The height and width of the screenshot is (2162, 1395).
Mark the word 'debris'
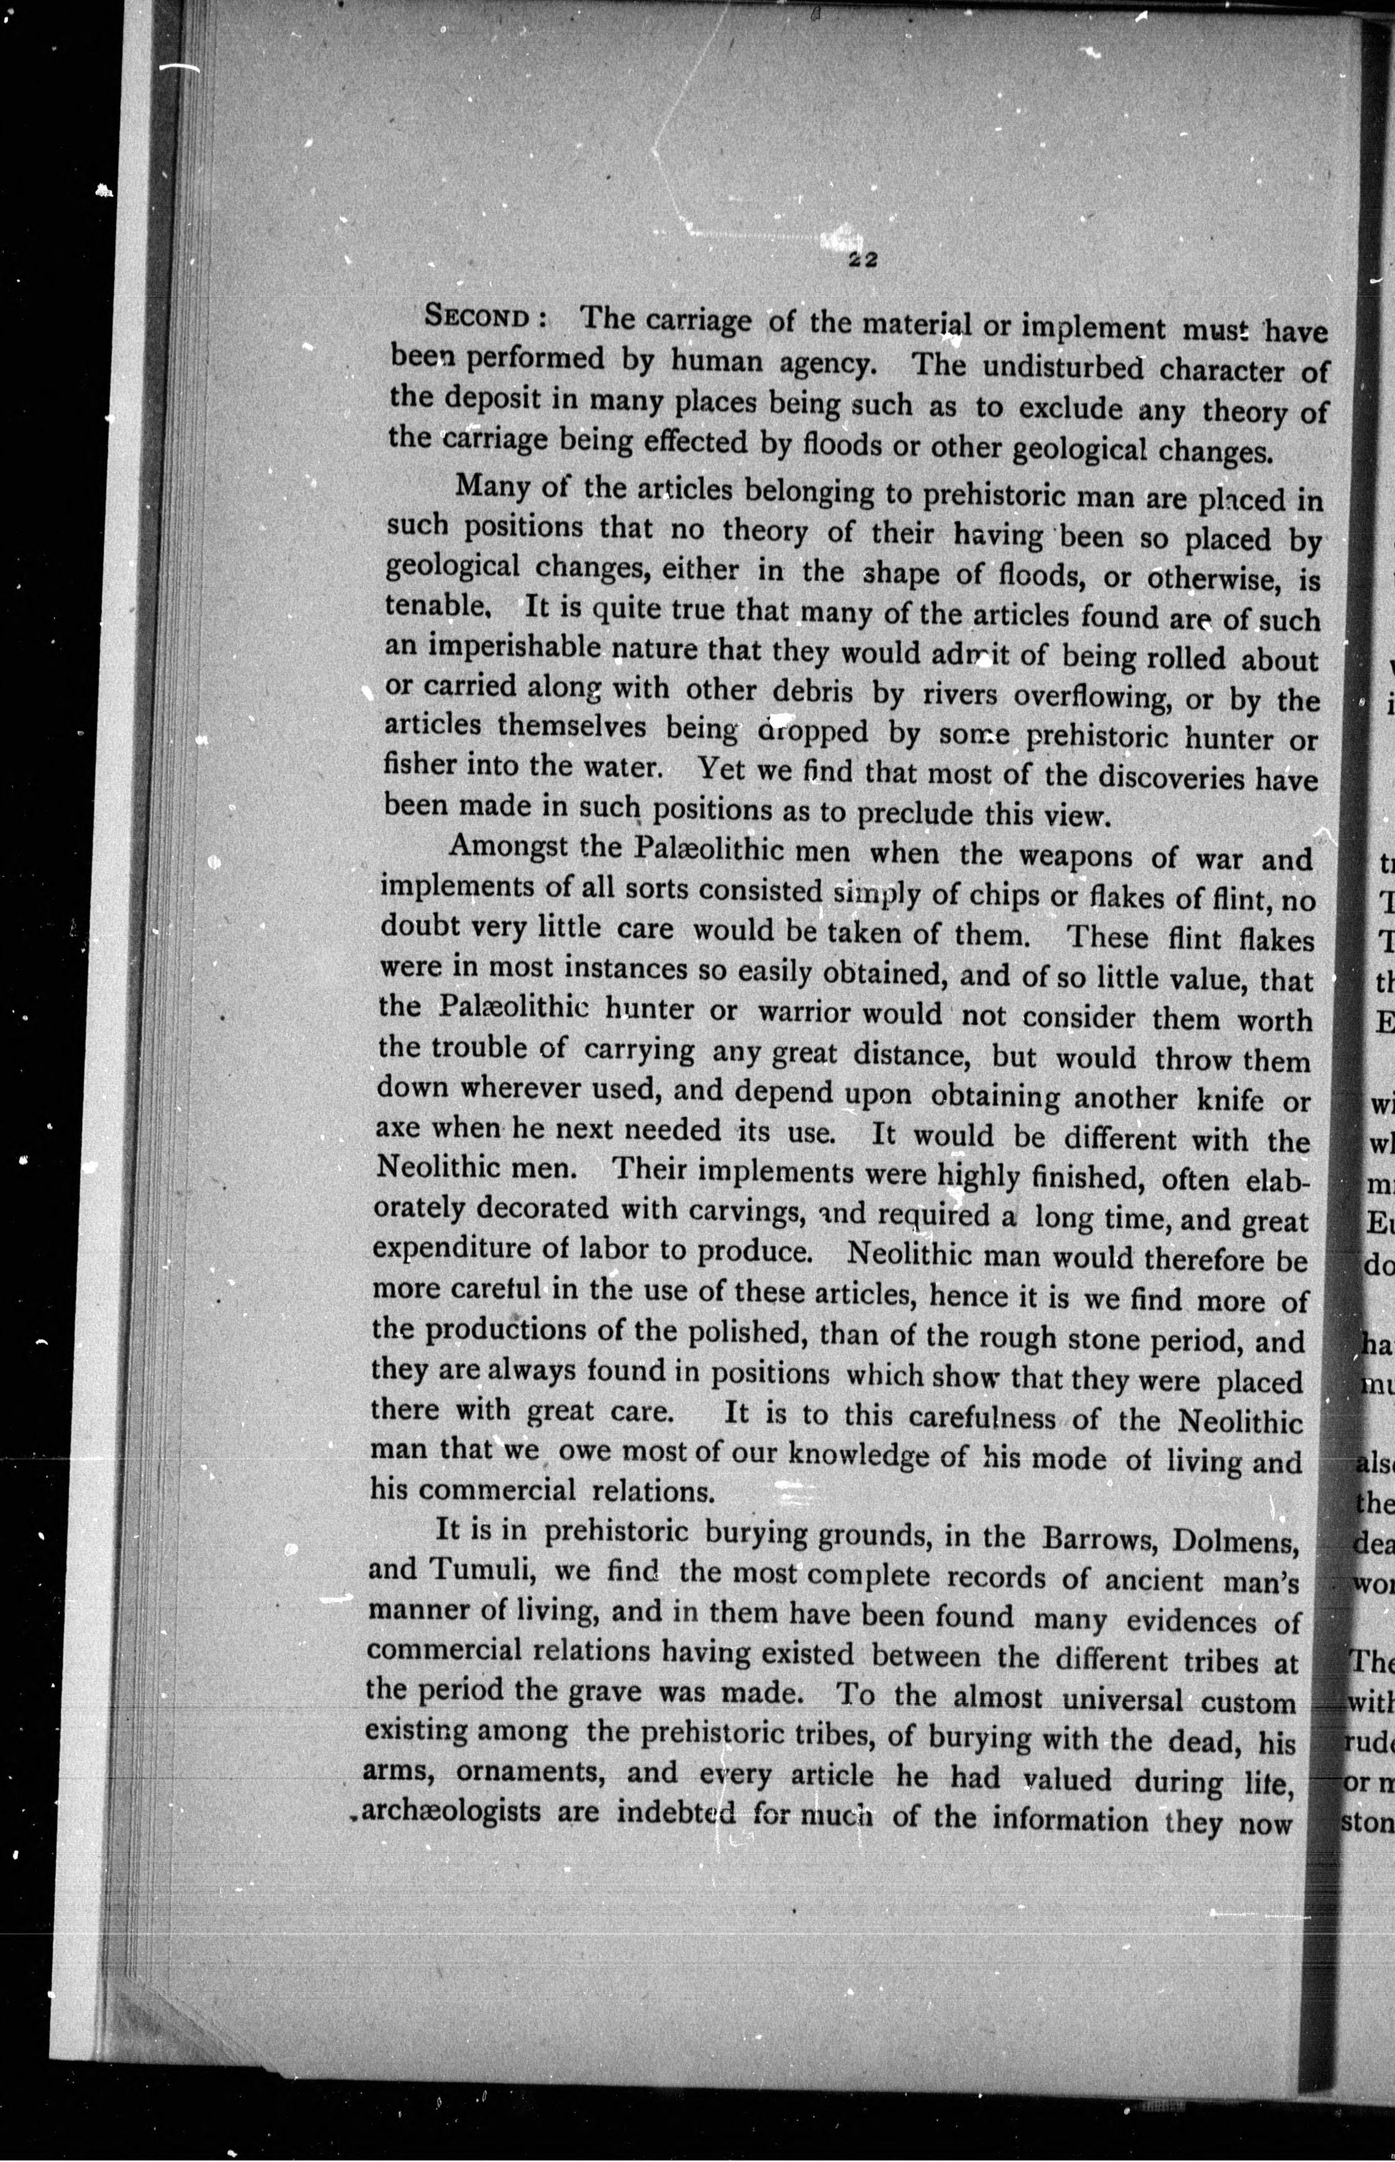[813, 690]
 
